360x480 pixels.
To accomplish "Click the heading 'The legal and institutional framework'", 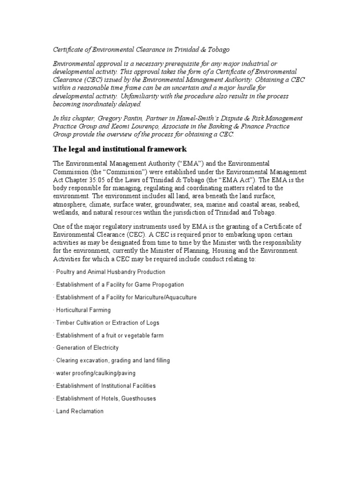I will tap(120, 149).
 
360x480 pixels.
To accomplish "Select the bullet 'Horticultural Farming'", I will tap(83, 310).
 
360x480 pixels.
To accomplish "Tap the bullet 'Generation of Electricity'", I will tap(87, 348).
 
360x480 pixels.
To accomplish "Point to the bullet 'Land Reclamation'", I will tap(79, 411).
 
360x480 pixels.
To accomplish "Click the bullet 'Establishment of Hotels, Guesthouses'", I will tap(106, 398).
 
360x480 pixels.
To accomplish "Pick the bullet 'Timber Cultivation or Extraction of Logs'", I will tap(107, 322).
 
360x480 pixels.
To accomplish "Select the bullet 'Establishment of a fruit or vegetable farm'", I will tap(110, 335).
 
